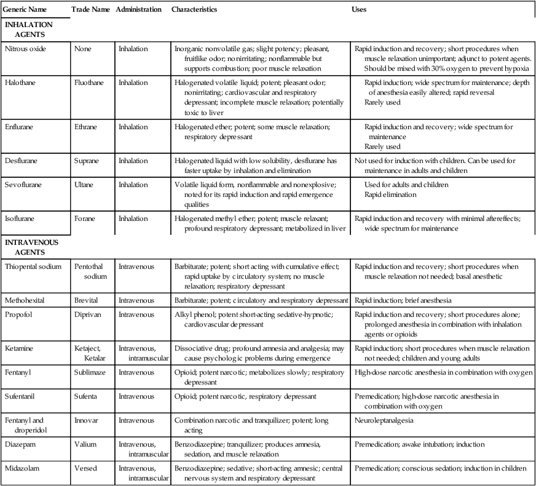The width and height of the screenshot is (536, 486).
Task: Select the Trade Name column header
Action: pos(90,10)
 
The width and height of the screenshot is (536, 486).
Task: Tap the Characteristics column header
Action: pos(194,10)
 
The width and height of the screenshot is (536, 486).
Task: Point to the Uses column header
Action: pos(360,10)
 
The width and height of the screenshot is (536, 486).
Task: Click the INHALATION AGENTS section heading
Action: pos(28,30)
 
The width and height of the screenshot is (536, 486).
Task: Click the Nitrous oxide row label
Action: pos(25,48)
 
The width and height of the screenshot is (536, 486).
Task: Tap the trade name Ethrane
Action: pos(87,127)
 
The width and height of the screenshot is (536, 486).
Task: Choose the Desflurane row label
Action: pos(21,161)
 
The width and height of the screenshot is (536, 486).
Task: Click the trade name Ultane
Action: pos(85,185)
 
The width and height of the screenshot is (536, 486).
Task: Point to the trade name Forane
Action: pos(85,218)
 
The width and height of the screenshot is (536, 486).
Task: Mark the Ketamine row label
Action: pos(19,348)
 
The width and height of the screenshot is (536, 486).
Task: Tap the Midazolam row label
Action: pos(22,468)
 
